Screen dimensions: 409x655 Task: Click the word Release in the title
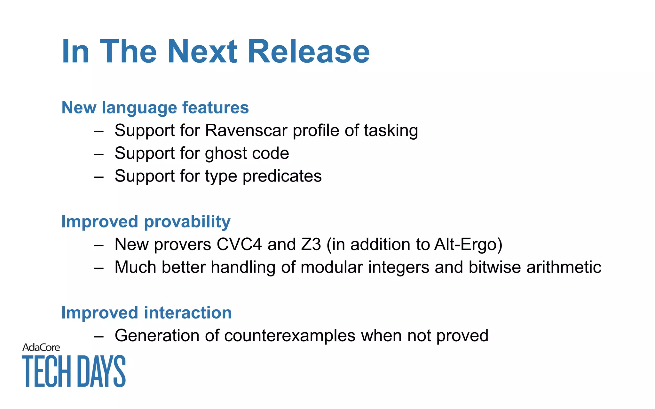click(x=309, y=52)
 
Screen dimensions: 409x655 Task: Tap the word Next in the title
click(x=202, y=52)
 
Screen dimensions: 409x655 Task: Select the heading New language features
click(x=155, y=107)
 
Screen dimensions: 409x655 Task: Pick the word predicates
click(x=282, y=176)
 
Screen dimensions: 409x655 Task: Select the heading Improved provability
click(x=146, y=222)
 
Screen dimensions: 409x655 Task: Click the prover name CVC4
click(x=239, y=244)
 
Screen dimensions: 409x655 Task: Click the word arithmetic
click(x=564, y=267)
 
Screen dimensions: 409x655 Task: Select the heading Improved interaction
click(x=146, y=313)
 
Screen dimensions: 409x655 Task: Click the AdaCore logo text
click(x=41, y=347)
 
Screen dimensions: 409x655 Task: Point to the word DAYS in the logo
click(x=101, y=371)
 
